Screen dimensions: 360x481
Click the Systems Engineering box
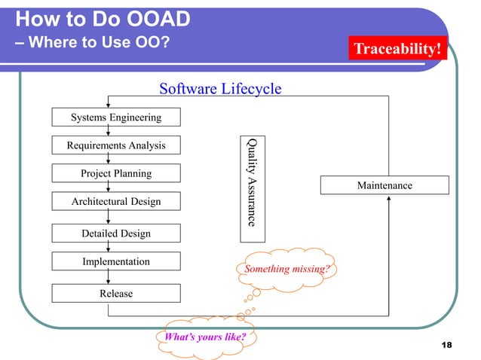click(x=115, y=117)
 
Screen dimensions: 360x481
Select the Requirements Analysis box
click(x=115, y=145)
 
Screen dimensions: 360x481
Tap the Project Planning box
click(x=115, y=173)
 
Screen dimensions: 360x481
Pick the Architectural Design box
click(x=115, y=202)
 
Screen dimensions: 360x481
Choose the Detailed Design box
click(x=115, y=233)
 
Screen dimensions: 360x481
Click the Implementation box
click(x=115, y=261)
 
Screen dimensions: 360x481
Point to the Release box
click(x=115, y=293)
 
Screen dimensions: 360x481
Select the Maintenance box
click(x=384, y=185)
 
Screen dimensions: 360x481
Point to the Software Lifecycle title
click(x=220, y=89)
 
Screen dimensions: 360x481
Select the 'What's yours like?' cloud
click(x=203, y=337)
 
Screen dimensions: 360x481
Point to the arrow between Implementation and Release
click(x=109, y=277)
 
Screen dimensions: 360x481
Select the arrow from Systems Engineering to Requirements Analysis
click(x=109, y=131)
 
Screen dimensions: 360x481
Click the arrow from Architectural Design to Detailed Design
click(x=109, y=218)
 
